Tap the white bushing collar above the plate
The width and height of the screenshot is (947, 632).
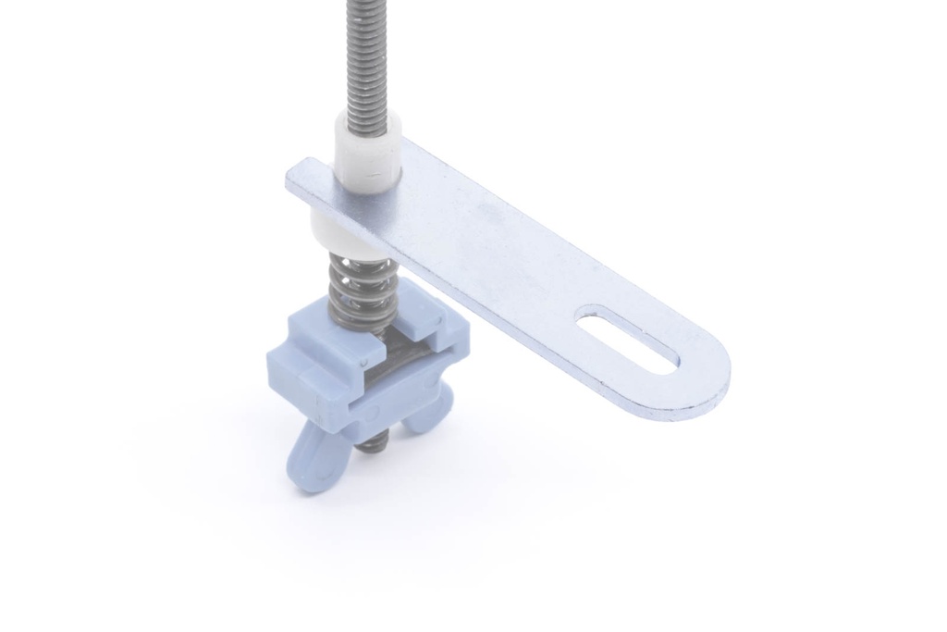367,152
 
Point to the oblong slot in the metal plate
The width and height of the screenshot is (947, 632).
628,340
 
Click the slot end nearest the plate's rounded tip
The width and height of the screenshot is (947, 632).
670,361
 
